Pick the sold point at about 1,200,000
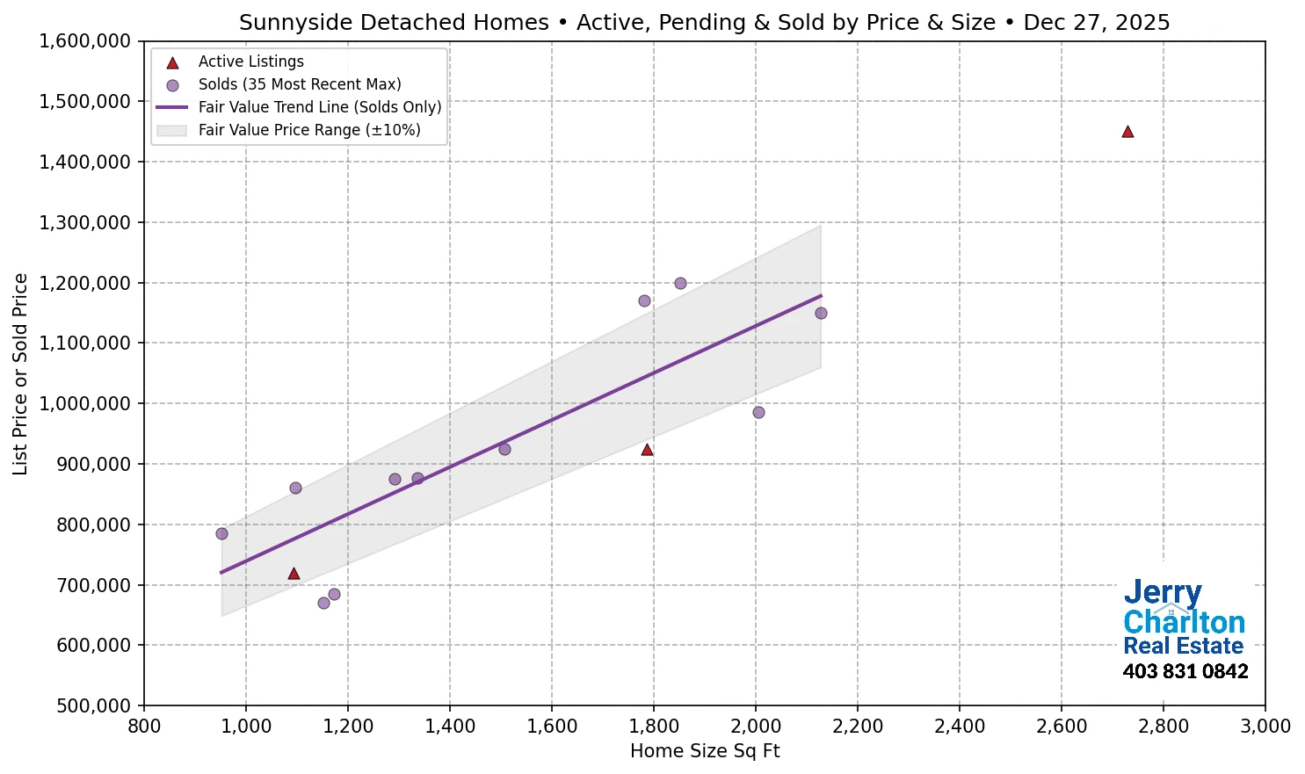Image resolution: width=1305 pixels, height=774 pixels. pos(680,283)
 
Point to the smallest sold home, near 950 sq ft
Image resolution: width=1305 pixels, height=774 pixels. pos(221,533)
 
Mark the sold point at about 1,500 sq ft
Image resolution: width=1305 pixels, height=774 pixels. pos(504,449)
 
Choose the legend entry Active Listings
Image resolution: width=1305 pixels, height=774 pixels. pos(250,61)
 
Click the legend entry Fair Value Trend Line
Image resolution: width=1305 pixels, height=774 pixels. pos(319,107)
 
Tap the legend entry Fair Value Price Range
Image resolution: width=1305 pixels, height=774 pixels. pos(308,130)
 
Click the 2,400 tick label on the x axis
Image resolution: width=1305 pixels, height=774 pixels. pos(959,727)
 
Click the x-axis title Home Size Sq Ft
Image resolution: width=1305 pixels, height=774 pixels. pos(705,751)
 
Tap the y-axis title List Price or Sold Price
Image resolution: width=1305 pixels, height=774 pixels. pos(20,373)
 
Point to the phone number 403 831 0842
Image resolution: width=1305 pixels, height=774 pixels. pos(1185,671)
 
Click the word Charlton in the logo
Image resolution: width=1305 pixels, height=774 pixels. pos(1184,622)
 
